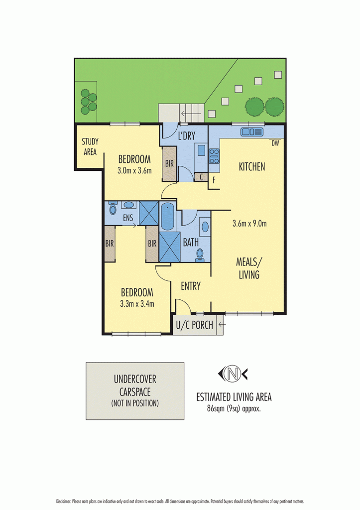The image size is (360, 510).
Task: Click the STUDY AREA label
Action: click(x=89, y=146)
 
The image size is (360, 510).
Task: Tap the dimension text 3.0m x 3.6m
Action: click(x=134, y=171)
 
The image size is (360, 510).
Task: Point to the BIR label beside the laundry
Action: click(x=169, y=163)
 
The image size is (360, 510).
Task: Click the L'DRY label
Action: click(x=186, y=135)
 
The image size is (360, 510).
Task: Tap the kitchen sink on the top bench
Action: click(x=252, y=132)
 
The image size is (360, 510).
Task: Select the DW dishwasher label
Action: click(x=275, y=143)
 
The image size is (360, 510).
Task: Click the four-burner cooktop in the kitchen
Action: click(x=214, y=156)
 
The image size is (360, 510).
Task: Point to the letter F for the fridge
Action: click(x=214, y=179)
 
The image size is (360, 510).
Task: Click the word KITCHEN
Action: click(x=251, y=167)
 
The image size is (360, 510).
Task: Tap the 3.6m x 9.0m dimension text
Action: click(x=249, y=224)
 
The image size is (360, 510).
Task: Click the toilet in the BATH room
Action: click(x=200, y=254)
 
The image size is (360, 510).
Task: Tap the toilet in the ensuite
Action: click(x=113, y=205)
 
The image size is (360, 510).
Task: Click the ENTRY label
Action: click(x=190, y=286)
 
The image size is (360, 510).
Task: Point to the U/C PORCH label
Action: click(x=195, y=326)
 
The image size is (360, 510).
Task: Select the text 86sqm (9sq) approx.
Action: click(x=234, y=408)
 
